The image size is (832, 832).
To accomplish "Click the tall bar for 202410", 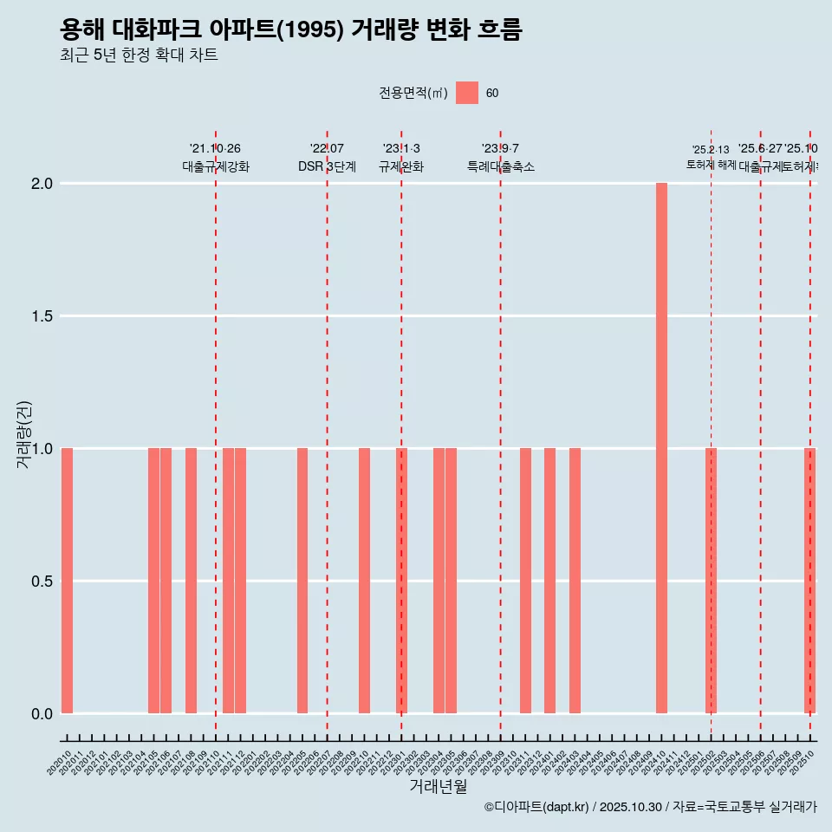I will pos(661,448).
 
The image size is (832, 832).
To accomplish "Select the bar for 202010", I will pos(67,581).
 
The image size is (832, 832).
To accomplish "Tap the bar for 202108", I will pos(191,581).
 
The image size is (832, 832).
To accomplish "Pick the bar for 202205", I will pos(302,581).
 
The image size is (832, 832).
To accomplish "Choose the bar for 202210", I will pos(364,581).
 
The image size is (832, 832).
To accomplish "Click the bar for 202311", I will pos(525,581).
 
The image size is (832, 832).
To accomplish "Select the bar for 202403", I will pos(575,581).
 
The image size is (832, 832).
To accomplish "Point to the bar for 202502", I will pos(711,581).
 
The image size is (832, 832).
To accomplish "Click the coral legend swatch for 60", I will pos(467,93).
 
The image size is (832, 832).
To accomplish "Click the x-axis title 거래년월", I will pos(438,786).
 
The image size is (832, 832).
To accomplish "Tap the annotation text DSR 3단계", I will pos(327,166).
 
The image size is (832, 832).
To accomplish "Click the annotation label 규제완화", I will pos(400,166).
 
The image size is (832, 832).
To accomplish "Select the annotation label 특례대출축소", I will pos(500,166).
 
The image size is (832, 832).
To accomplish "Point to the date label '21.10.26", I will pos(215,148).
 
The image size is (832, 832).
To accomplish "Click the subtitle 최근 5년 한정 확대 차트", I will pos(139,55).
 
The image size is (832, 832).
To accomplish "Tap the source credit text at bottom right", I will pos(650,807).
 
